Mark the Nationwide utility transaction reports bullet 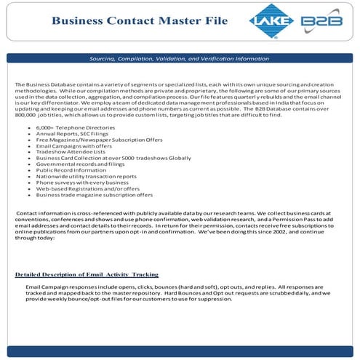(86, 178)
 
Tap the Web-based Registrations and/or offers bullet (84, 191)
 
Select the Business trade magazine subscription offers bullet (95, 196)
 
